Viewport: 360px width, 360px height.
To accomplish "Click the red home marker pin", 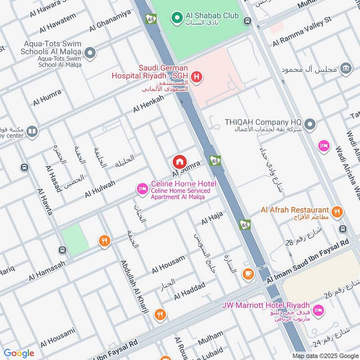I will [179, 162].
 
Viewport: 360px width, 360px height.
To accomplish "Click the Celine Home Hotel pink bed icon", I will [142, 189].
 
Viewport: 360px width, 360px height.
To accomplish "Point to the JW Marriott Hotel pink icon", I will [318, 310].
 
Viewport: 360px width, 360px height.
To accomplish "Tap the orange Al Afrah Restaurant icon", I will [336, 211].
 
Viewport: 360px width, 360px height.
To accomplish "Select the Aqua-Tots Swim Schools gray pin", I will [90, 54].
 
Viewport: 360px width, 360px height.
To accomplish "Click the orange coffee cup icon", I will [247, 273].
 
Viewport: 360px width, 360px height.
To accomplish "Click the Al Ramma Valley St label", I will [308, 32].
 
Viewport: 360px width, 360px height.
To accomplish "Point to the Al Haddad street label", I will [189, 291].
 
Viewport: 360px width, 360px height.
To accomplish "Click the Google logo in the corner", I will [18, 353].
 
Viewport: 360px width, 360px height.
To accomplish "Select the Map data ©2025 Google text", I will [325, 355].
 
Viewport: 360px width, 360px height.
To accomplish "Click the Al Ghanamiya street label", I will [110, 21].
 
